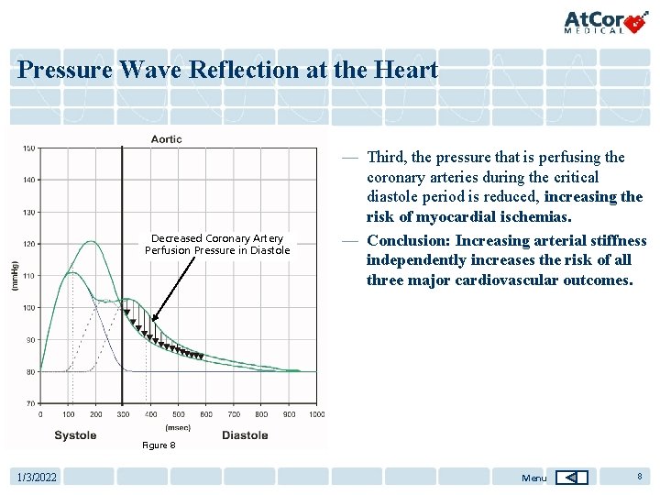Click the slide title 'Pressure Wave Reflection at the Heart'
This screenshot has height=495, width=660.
point(227,70)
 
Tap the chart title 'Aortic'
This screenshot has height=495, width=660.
point(166,139)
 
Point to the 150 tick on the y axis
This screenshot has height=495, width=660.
point(29,148)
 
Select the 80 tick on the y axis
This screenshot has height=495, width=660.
point(30,371)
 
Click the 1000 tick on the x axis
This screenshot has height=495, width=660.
point(316,414)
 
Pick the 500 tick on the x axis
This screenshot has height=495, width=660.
point(178,414)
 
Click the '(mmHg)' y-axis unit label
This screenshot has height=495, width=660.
point(14,276)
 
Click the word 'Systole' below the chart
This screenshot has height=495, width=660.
point(75,435)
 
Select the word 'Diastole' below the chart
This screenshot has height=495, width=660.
point(245,435)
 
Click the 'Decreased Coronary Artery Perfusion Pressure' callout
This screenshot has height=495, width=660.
point(217,244)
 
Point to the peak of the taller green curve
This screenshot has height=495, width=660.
point(91,241)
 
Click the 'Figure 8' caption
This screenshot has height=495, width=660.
point(158,445)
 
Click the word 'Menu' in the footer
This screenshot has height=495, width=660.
point(533,478)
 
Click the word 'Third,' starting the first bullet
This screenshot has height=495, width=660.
point(388,157)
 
